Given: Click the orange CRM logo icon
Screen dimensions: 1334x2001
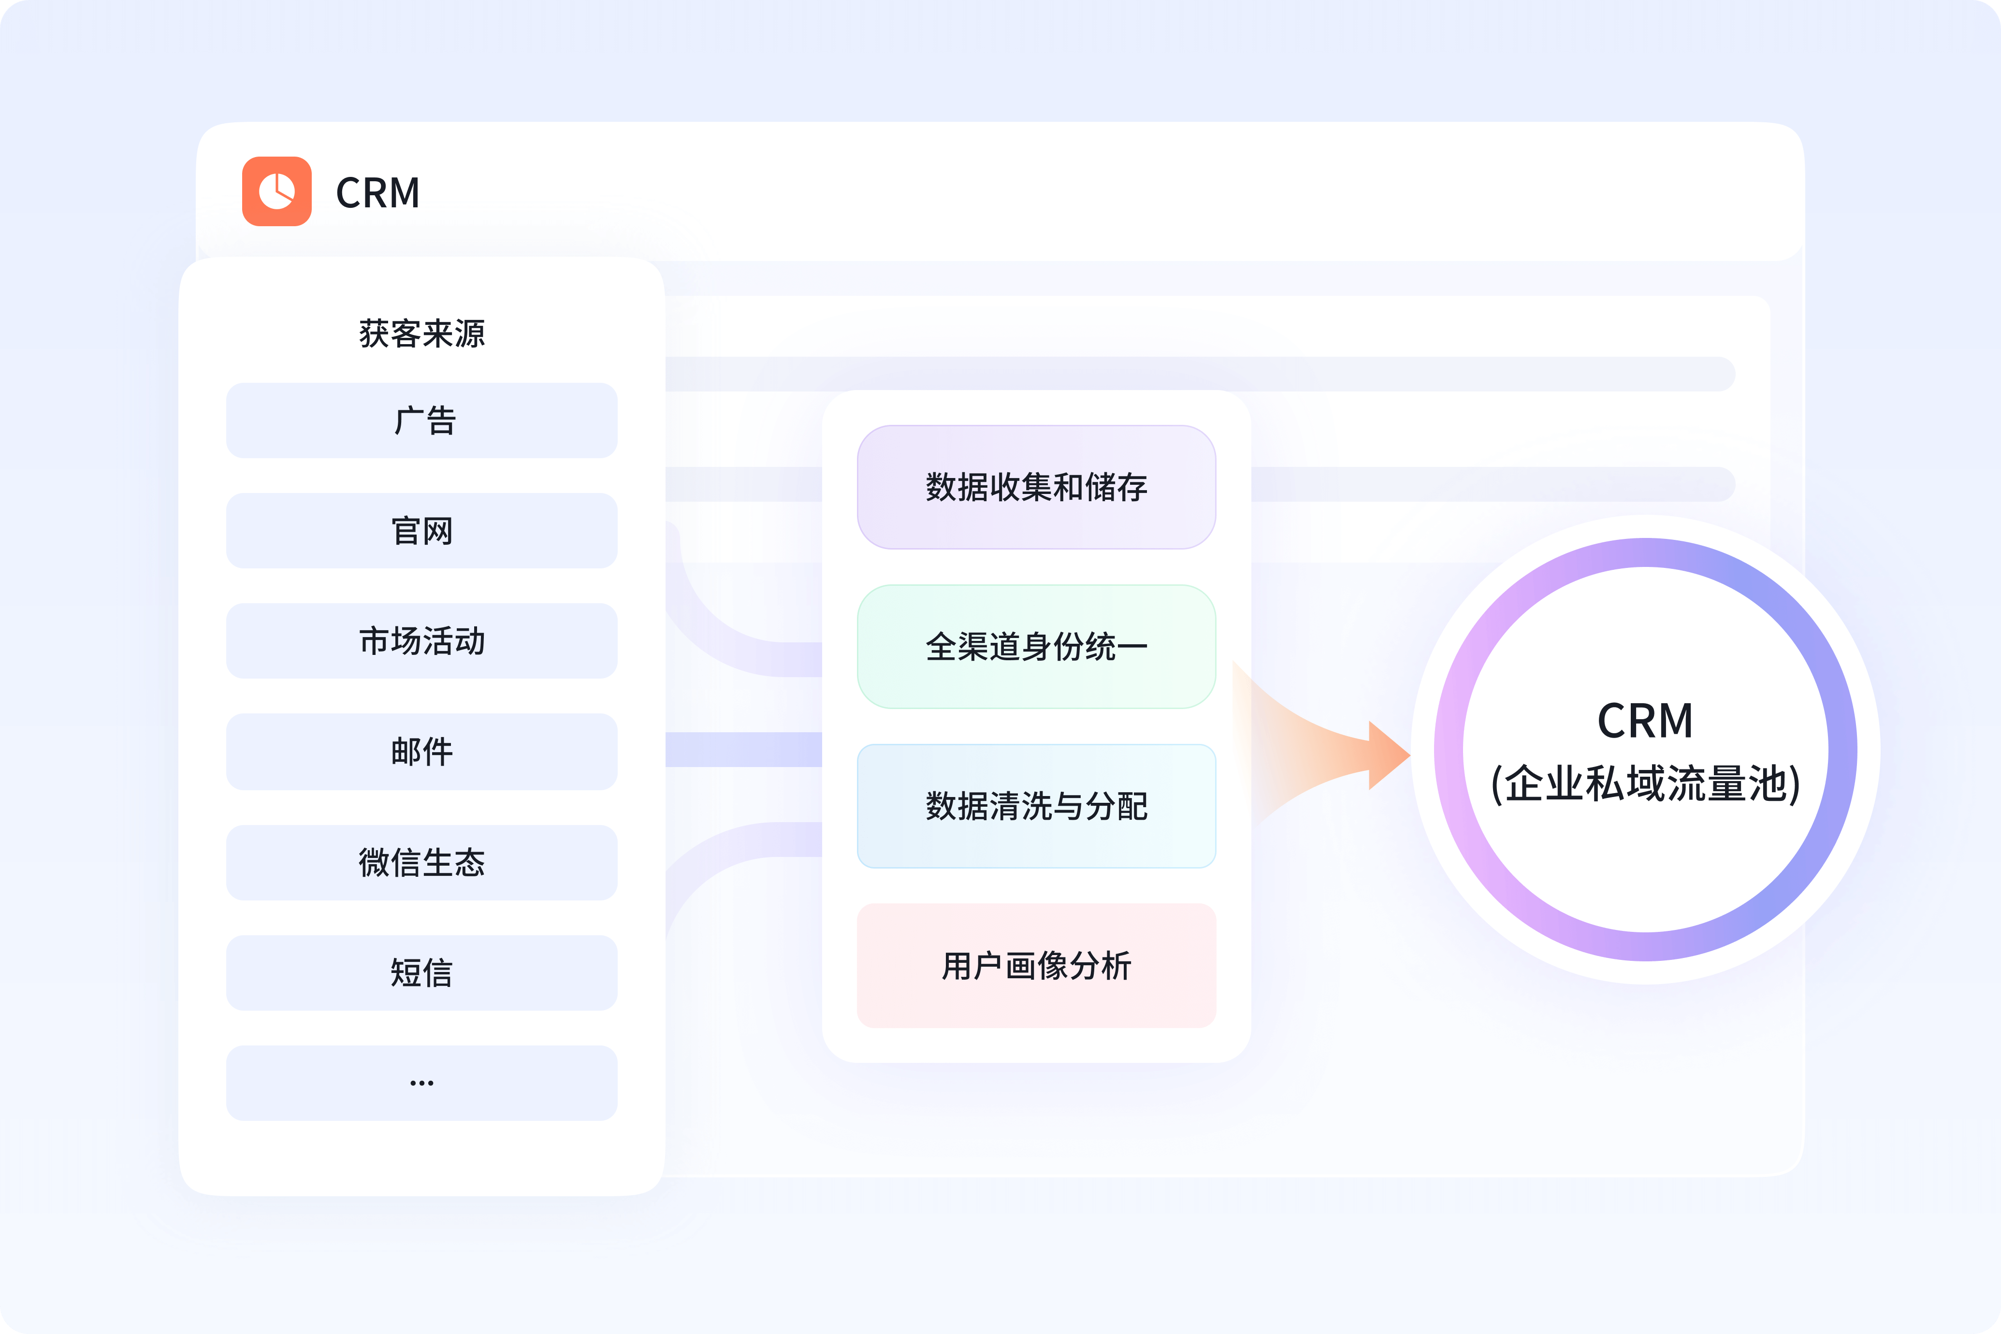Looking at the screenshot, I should click(276, 191).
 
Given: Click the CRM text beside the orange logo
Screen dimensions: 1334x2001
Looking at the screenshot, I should click(378, 193).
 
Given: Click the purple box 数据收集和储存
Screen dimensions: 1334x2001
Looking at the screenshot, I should click(1036, 487).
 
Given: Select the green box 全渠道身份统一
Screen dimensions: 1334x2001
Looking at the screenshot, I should click(1036, 647).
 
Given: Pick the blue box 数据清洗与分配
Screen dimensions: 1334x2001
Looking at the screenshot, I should click(1036, 806).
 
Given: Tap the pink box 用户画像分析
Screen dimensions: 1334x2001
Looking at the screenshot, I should click(1036, 966).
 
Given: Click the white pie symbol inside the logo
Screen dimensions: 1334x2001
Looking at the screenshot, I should click(276, 191).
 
